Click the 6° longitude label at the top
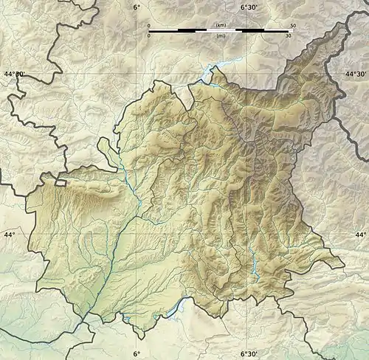(136, 7)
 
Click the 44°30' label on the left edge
(14, 75)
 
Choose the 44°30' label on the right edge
(356, 75)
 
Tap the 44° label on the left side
(10, 235)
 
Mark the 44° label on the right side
(361, 235)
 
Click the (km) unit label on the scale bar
(221, 25)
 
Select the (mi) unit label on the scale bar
(221, 35)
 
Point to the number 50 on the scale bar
(293, 25)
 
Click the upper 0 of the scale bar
(149, 25)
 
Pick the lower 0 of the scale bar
(149, 35)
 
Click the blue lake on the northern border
(209, 74)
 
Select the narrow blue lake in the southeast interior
(254, 260)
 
